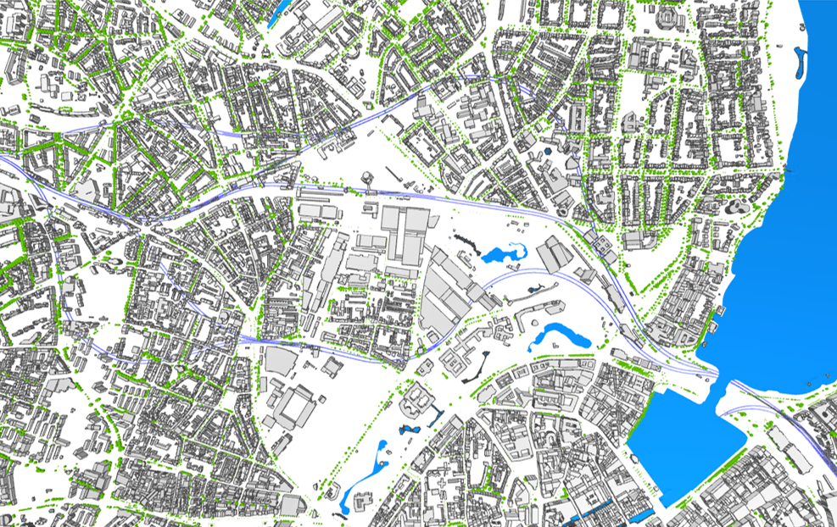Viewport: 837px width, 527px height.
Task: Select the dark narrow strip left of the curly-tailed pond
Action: point(465,241)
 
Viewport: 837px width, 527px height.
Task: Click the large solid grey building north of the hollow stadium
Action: point(279,359)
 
